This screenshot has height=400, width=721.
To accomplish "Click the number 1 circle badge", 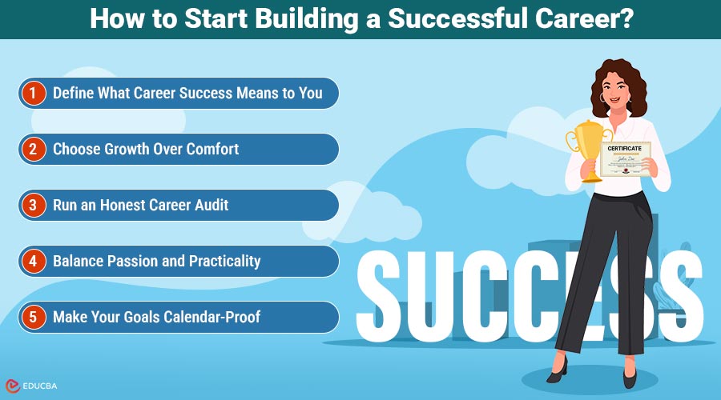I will [x=33, y=93].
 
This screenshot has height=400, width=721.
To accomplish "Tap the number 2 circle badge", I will [x=33, y=149].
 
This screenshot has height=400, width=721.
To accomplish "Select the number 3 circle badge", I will [x=33, y=205].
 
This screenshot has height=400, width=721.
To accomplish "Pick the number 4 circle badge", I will [x=33, y=261].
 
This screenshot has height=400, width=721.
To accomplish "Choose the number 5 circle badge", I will [x=33, y=317].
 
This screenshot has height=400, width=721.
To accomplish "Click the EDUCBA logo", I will [x=35, y=384].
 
